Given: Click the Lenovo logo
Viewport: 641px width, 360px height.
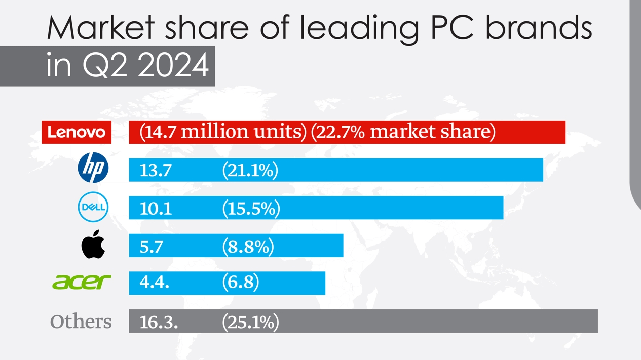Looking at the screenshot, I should [77, 132].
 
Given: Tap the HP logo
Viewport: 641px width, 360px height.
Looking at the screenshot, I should [93, 168].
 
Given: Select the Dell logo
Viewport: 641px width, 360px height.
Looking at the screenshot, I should [93, 207].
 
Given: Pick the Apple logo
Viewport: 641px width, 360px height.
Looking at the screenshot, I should [93, 245].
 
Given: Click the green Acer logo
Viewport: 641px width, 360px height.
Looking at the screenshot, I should [82, 282].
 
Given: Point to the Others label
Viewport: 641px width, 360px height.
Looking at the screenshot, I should [81, 322].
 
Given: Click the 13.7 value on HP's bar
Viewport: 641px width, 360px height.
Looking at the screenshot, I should [156, 171].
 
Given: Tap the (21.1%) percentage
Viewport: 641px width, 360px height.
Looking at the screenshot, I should [250, 171].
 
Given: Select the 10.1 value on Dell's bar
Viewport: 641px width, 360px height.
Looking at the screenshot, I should [156, 208].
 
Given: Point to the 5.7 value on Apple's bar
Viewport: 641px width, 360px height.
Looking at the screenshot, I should [151, 246].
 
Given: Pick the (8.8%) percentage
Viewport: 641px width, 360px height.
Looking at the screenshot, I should [248, 246].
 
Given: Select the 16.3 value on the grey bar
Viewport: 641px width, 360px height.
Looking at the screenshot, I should [159, 322].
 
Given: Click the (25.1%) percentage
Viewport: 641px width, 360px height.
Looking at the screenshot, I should [251, 322].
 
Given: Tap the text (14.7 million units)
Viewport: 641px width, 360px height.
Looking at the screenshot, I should [223, 132].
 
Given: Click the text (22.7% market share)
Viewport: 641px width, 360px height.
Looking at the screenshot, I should [403, 132].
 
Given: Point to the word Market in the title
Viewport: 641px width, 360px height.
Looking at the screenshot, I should [100, 28].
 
